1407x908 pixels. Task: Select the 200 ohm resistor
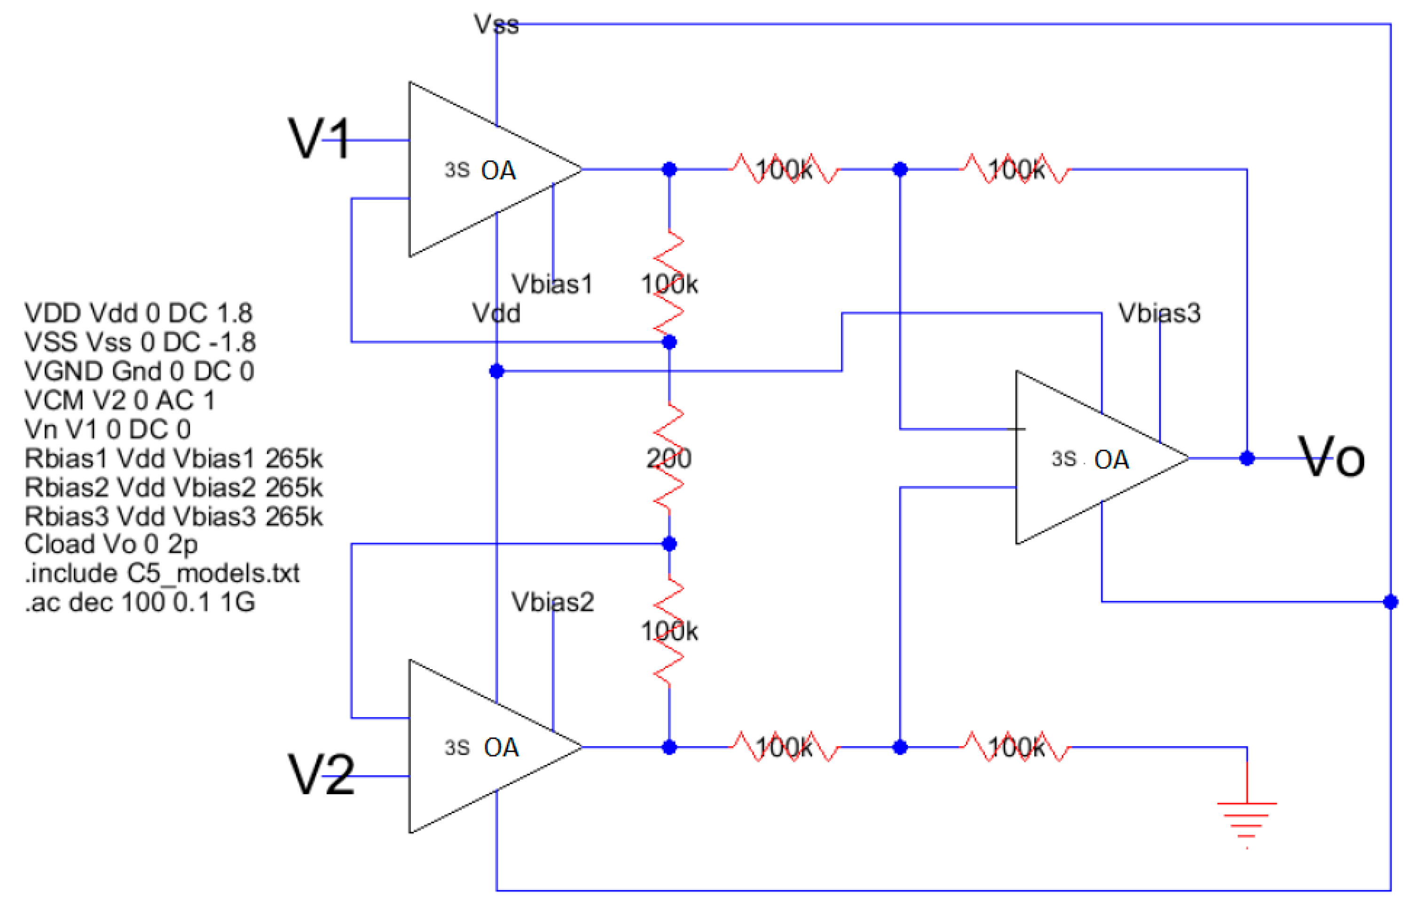(x=668, y=458)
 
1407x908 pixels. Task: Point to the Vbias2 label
(x=552, y=602)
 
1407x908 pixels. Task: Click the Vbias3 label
(x=1158, y=313)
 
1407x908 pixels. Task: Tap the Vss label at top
(x=496, y=25)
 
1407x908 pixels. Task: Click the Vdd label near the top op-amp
(x=496, y=313)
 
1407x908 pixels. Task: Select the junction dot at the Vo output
(x=1246, y=458)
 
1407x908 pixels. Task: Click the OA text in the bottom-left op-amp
(x=501, y=747)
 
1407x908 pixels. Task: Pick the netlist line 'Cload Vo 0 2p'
(x=111, y=544)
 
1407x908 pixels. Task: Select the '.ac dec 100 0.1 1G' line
(x=140, y=602)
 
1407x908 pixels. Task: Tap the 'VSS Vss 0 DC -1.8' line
(x=140, y=342)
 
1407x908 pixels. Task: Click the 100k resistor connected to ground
(x=1015, y=747)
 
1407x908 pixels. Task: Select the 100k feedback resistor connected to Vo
(x=1015, y=169)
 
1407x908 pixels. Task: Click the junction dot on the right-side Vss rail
(x=1390, y=602)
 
